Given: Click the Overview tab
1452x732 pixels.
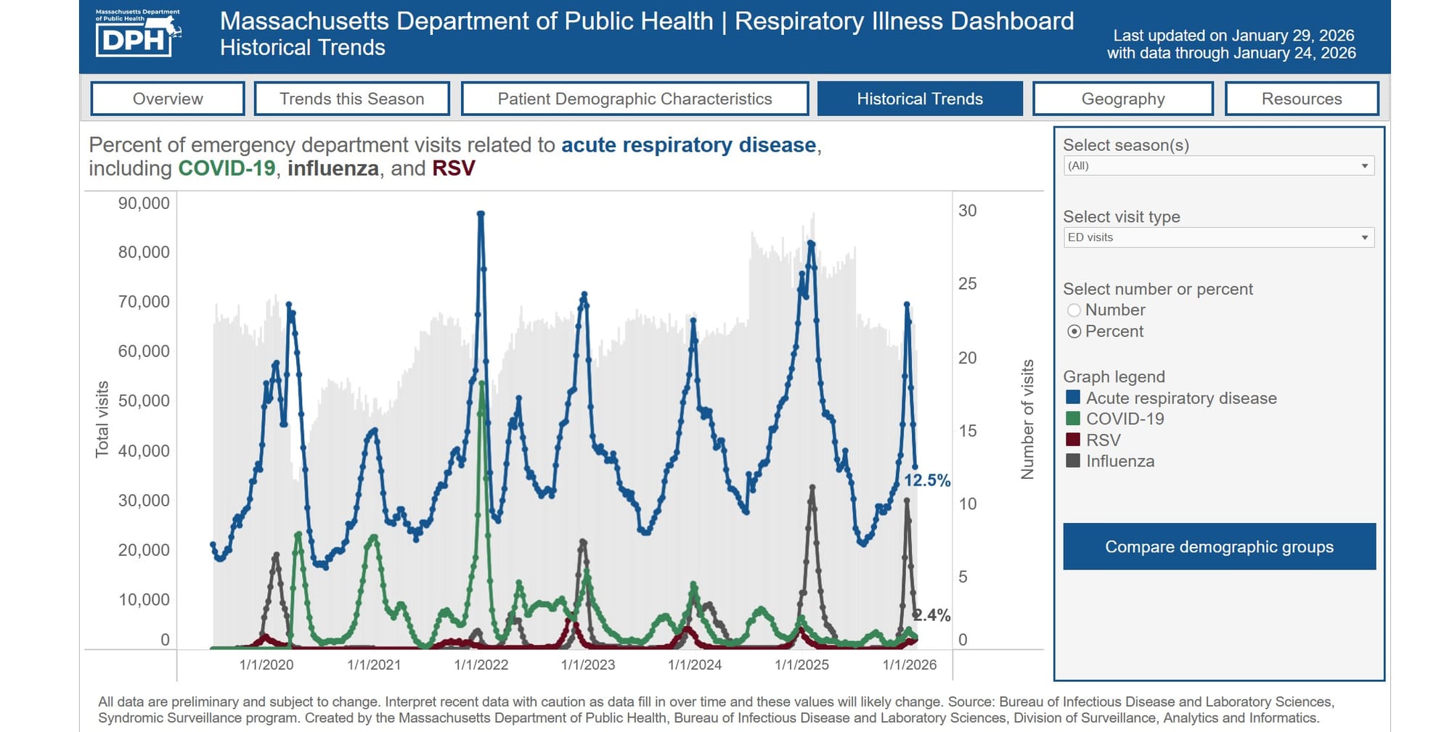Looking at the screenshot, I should point(168,99).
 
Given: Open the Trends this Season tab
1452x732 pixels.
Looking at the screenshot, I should point(352,99).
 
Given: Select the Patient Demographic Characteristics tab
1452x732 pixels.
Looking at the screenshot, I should point(635,99).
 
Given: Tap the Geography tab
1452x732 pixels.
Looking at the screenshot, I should point(1122,99).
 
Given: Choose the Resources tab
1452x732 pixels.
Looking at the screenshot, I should point(1302,99).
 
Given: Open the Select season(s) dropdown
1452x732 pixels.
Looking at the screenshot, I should point(1218,166).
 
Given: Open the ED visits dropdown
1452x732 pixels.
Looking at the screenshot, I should point(1218,237).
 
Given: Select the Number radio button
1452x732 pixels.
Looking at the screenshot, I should point(1074,311).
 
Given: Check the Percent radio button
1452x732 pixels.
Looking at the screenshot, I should point(1074,332).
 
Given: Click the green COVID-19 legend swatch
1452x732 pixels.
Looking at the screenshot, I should point(1073,419).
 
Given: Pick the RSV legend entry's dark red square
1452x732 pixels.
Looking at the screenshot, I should point(1073,440).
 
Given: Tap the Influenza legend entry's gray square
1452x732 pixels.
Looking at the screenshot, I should point(1073,461).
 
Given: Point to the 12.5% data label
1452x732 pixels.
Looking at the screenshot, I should point(926,480).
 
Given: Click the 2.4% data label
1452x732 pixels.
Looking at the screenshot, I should point(932,615).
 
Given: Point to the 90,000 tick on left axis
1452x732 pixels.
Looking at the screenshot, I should point(144,203).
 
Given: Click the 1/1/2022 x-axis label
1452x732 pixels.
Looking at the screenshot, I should point(481,665).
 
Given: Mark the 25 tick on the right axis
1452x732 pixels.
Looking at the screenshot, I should point(967,284).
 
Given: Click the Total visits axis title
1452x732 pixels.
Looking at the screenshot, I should point(102,419).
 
